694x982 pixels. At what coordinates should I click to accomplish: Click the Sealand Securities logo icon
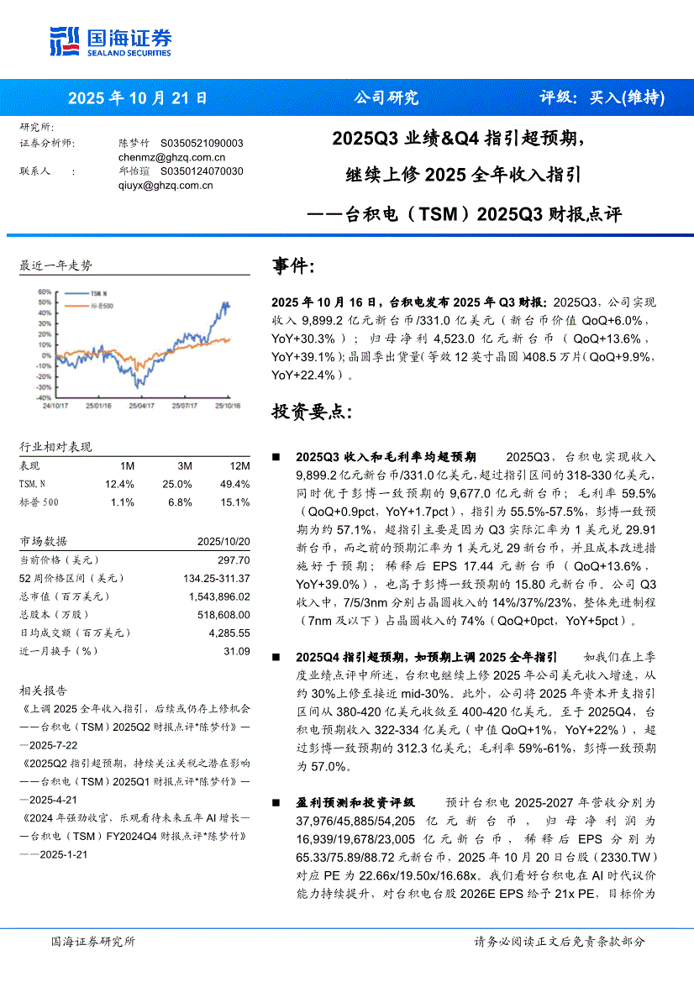coord(65,40)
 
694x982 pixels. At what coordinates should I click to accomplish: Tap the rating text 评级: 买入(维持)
coord(602,97)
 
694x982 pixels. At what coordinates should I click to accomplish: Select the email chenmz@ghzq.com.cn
coord(172,157)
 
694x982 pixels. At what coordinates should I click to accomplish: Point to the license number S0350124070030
coord(202,171)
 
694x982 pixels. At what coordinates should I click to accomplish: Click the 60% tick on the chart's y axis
coord(44,291)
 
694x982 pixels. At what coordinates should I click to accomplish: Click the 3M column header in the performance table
coord(184,466)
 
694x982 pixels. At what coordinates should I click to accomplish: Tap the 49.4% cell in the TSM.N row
coord(234,485)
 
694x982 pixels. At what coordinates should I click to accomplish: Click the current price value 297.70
coord(234,559)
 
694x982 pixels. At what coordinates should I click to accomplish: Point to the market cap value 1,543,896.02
coord(219,596)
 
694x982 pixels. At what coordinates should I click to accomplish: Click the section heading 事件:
coord(293,267)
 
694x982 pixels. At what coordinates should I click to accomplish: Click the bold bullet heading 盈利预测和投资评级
coord(355,803)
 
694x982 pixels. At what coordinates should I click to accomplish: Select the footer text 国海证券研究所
coord(92,942)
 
